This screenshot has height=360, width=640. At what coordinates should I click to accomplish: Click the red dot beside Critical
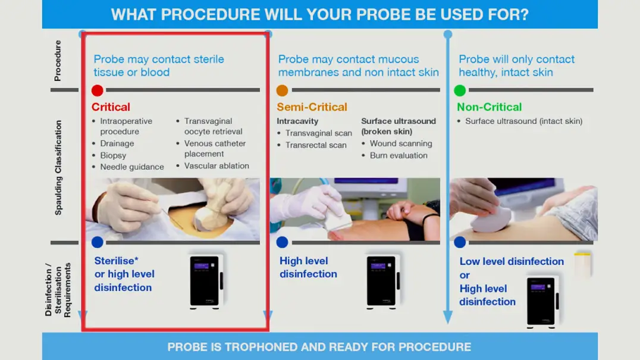[x=97, y=90]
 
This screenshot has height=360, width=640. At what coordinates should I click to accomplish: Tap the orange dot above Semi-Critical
[x=282, y=90]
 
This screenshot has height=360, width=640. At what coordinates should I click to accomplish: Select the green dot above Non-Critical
[x=460, y=90]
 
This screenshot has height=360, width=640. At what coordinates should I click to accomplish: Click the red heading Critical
[x=111, y=107]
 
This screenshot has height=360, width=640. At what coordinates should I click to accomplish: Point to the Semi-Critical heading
[x=312, y=107]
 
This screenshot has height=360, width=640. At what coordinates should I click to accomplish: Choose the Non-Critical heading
[x=489, y=107]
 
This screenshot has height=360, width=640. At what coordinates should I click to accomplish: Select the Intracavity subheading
[x=297, y=121]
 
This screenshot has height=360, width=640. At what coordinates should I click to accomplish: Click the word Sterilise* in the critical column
[x=117, y=261]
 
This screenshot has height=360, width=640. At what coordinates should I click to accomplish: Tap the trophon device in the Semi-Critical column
[x=382, y=281]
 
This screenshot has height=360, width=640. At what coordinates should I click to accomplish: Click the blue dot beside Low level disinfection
[x=460, y=242]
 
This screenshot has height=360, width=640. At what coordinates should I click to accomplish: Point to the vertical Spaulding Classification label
[x=58, y=167]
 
